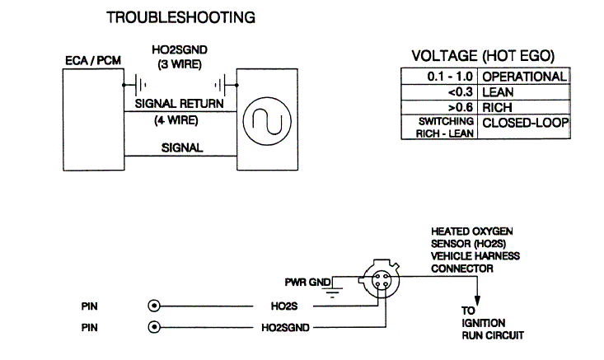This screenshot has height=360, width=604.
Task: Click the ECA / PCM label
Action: [91, 63]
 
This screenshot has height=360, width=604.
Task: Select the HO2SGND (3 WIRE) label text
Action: [175, 56]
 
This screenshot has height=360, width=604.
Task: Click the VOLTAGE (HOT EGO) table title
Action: [482, 56]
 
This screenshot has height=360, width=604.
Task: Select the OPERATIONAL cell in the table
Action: [524, 77]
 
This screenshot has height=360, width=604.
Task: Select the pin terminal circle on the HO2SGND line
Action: [152, 327]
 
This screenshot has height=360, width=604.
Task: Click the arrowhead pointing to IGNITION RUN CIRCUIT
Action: [475, 301]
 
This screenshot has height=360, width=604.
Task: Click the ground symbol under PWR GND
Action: [333, 290]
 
